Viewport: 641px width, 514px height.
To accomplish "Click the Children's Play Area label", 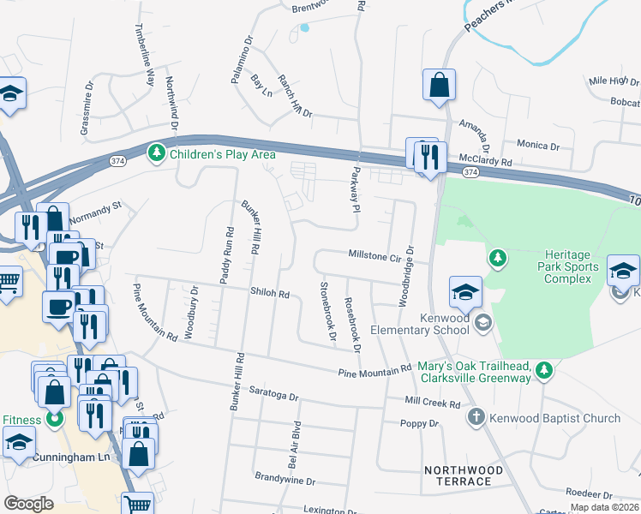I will [x=222, y=154].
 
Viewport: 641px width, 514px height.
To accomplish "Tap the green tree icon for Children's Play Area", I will [x=156, y=154].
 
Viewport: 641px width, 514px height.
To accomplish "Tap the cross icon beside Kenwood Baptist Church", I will [x=476, y=418].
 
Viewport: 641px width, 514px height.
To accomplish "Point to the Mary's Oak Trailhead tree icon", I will [x=542, y=370].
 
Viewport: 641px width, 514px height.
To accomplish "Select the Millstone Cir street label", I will [x=374, y=255].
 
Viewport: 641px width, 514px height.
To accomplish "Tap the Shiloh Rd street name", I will [x=269, y=293].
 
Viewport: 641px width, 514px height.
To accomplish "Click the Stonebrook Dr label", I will [x=326, y=310].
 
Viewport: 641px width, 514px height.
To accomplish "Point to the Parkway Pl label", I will [x=352, y=189].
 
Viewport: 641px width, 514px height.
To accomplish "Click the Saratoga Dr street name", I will [x=271, y=397].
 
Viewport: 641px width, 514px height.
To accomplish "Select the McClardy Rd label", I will [x=484, y=160].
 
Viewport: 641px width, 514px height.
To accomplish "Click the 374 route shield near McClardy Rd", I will [x=470, y=172].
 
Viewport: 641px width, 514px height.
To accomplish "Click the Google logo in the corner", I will [x=28, y=503].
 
